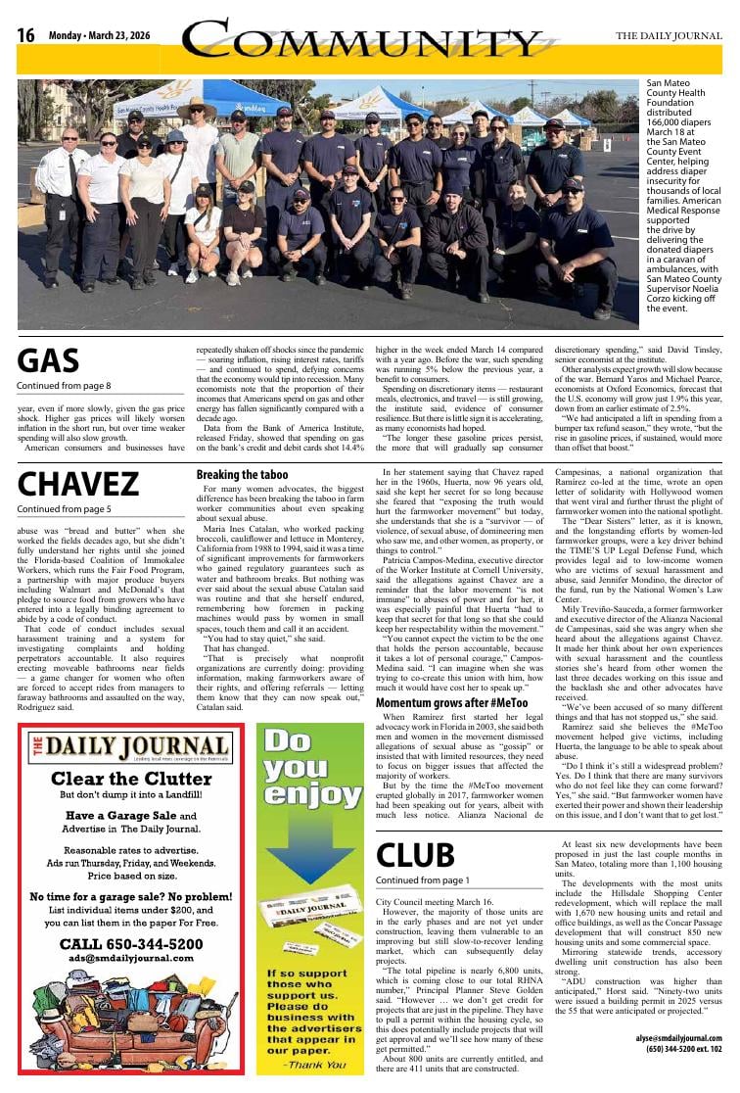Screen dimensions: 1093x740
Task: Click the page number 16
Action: coord(25,36)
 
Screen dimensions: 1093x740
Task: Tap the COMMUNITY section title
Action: coord(361,41)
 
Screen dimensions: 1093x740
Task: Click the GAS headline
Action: coord(48,361)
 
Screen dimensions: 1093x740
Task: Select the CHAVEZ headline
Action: coord(78,485)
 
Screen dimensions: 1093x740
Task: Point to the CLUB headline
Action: coord(415,855)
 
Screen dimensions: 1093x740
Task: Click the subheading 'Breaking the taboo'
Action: coord(242,475)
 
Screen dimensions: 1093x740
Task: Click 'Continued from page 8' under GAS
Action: coord(64,386)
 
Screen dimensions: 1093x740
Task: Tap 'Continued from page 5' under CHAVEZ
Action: coord(64,509)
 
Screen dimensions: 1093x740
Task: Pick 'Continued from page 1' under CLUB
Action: coord(423,880)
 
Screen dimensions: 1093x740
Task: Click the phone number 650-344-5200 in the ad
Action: coord(131,944)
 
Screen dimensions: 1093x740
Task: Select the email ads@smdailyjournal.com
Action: coord(131,958)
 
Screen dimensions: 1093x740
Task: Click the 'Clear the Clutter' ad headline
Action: coord(131,779)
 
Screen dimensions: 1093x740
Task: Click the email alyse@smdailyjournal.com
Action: coord(677,1038)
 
